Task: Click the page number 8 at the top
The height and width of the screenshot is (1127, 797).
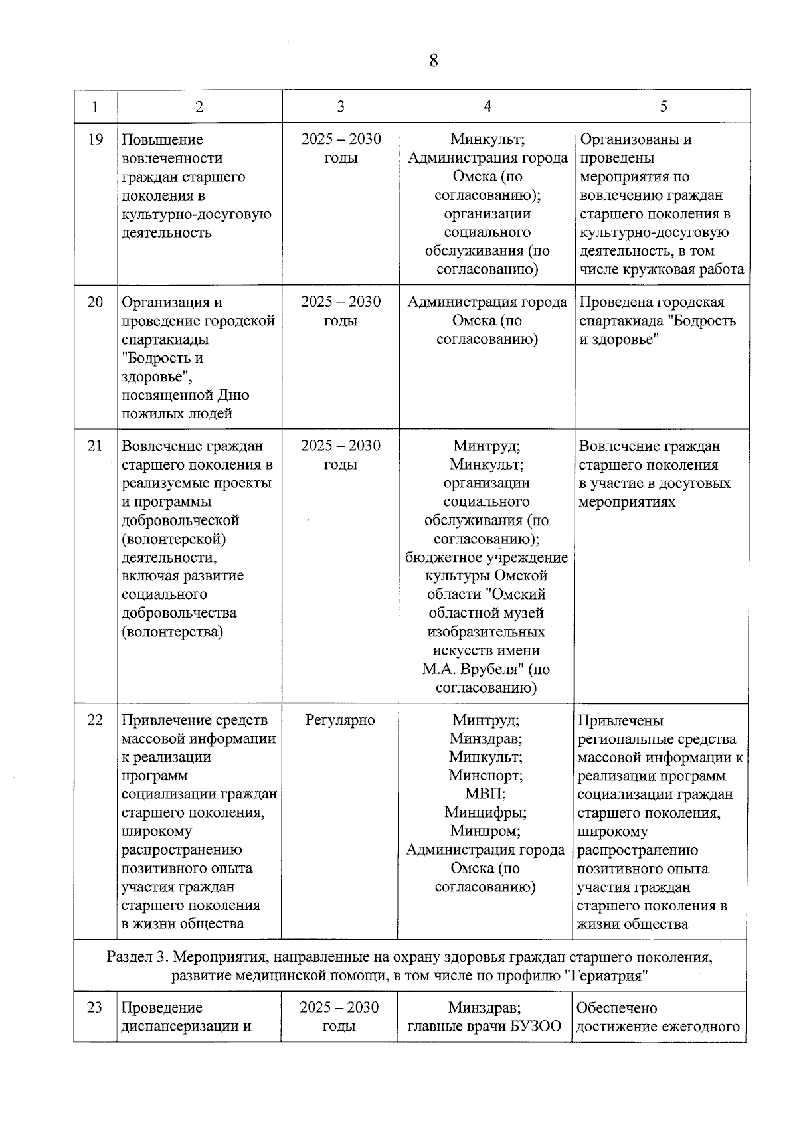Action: coord(434,61)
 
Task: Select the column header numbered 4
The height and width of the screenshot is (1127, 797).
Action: coord(487,106)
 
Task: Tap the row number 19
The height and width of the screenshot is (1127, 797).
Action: coord(96,139)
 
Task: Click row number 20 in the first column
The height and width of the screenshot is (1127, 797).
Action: coord(96,302)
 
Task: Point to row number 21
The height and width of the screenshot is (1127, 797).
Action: coord(96,446)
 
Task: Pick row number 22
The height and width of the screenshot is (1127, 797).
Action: coord(96,720)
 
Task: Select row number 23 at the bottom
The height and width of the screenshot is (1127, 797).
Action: coord(95,1007)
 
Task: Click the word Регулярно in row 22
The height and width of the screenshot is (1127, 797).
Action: coord(340,720)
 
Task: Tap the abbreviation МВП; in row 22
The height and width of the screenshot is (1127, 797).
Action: coord(486,794)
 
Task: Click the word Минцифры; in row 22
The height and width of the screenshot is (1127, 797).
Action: coord(486,812)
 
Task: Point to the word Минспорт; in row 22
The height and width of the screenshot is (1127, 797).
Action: coord(486,775)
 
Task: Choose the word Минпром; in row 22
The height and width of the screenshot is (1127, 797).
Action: coord(486,831)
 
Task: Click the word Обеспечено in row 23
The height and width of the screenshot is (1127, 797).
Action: coord(617,1008)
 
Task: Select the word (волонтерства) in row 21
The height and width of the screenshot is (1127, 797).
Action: coord(172,632)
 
